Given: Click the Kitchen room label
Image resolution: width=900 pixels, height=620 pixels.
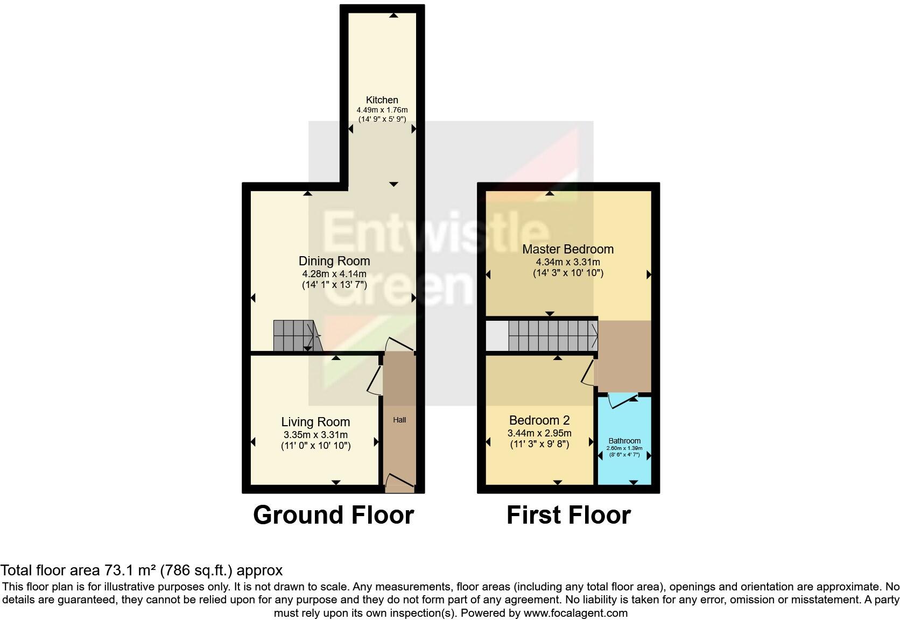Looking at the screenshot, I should point(382,100).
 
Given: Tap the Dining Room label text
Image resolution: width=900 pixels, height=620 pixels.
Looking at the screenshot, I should point(334,261).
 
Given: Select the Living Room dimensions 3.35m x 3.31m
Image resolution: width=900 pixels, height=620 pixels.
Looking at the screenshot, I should point(315,434).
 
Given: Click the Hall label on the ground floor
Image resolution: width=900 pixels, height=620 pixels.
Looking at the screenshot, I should point(399,420).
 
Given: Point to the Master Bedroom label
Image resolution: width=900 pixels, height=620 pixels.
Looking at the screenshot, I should point(568,249).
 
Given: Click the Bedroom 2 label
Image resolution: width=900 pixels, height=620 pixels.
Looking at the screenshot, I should point(539,420).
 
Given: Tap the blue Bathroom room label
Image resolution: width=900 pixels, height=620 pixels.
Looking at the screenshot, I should point(624,440).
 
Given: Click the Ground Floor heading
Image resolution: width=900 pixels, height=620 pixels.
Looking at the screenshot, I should point(333,515).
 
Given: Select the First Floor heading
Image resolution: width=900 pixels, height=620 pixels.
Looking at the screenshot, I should point(568,515).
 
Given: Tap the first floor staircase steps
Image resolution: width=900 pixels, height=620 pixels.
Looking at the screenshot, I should point(552,335).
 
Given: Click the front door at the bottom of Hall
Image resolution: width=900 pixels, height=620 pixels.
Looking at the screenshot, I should point(399,482).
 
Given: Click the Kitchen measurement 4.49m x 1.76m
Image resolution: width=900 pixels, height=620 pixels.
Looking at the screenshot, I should point(382,110).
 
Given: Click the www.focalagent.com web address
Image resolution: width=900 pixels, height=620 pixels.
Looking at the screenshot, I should point(575,612).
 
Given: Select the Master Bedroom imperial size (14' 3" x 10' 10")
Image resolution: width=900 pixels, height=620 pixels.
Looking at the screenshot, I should point(568,273).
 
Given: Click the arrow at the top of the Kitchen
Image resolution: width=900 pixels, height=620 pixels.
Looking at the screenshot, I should point(393,16).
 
